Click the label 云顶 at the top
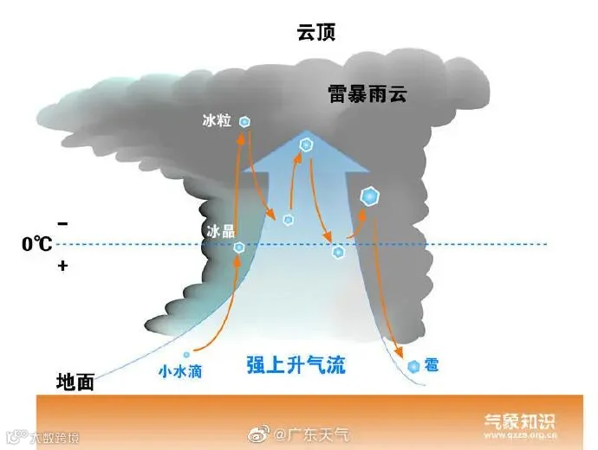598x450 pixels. point(315,34)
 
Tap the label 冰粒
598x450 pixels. point(217,122)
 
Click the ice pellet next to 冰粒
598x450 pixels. point(245,122)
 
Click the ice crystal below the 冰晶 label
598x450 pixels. point(239,248)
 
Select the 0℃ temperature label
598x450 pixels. point(37,245)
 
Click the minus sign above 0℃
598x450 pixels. point(62,221)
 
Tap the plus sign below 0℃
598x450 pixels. point(62,267)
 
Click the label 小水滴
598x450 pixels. point(179,371)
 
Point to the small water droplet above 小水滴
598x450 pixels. point(186,355)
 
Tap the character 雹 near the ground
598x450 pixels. point(431,366)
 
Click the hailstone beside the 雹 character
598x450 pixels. point(413,367)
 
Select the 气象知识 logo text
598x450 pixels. point(519,421)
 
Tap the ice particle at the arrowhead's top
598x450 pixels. point(305,145)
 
